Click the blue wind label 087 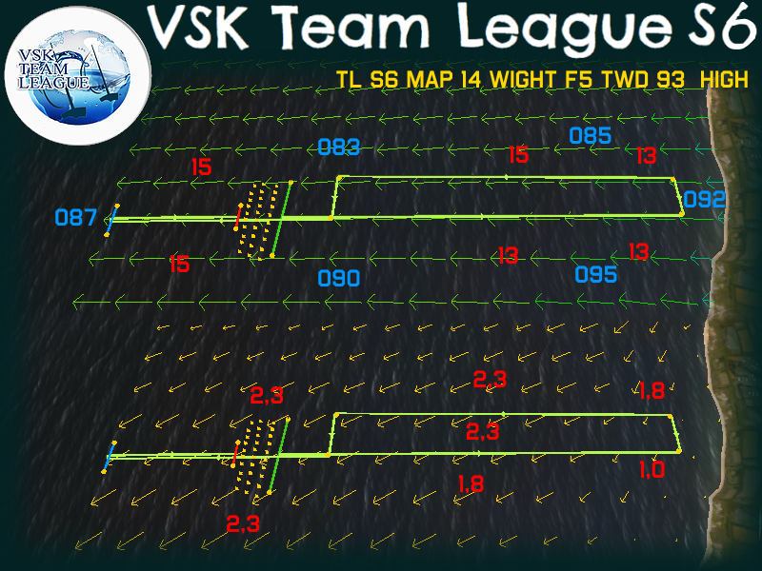pyautogui.click(x=75, y=218)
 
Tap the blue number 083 pyautogui.click(x=339, y=147)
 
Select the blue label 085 pyautogui.click(x=591, y=135)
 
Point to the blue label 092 pyautogui.click(x=705, y=200)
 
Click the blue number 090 pyautogui.click(x=339, y=279)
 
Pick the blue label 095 pyautogui.click(x=597, y=275)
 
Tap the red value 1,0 pyautogui.click(x=652, y=468)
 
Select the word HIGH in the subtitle pyautogui.click(x=724, y=80)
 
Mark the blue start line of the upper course pyautogui.click(x=111, y=219)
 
